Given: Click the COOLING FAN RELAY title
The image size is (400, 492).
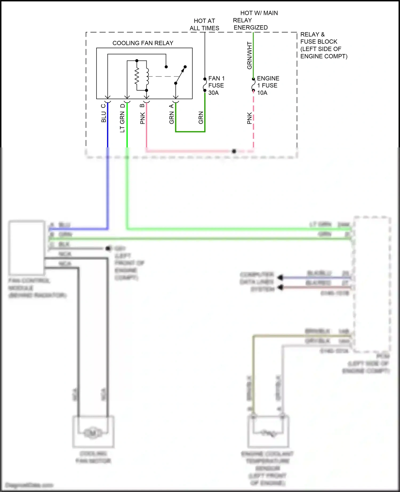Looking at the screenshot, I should pos(143,43).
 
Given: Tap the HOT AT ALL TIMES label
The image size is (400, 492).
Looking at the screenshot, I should pos(204,24).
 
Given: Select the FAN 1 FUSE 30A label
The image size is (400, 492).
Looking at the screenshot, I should pos(216,86).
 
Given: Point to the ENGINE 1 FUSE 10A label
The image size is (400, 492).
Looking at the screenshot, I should pos(268,86).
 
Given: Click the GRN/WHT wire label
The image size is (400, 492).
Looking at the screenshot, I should pos(249,55).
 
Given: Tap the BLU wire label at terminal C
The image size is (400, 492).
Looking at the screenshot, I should pos(103,117).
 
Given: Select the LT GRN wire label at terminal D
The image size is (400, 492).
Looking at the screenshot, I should pos(122,122).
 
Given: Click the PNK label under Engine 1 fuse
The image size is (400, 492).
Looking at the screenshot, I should pos(249,118).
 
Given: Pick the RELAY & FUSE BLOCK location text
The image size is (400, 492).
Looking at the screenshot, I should pos(323,45).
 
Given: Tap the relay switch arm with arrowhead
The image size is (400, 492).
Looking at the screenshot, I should pos(181,75).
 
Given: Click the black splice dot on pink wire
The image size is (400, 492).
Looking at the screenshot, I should pos(234,151).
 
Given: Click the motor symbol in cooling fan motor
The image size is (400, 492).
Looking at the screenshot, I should pos(93,433).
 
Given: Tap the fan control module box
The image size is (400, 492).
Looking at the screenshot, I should pos(26,248).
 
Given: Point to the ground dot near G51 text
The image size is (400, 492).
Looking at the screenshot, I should pos(108,248).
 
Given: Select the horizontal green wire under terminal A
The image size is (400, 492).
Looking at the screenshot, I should pos(190,131).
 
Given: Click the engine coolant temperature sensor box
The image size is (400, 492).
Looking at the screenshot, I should pos(268,432).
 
